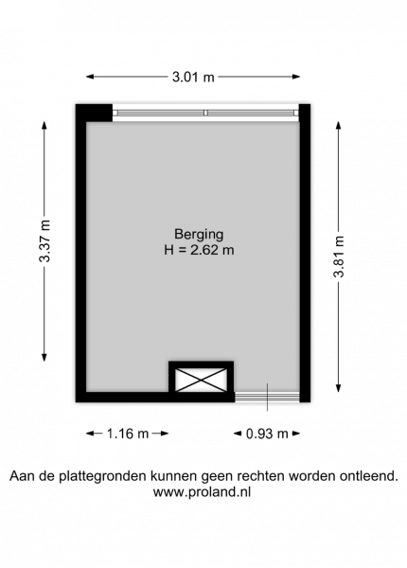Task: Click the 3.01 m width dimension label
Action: click(x=193, y=77)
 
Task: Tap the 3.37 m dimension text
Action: click(x=44, y=240)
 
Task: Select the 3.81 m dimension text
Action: click(x=339, y=257)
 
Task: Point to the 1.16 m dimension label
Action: click(x=128, y=434)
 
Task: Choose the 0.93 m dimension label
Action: click(x=267, y=434)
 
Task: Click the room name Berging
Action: click(x=199, y=235)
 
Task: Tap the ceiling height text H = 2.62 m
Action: click(x=199, y=250)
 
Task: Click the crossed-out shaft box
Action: click(x=202, y=380)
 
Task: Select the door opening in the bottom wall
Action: click(x=267, y=397)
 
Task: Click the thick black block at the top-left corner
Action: click(x=94, y=113)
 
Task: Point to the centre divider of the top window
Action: click(x=205, y=113)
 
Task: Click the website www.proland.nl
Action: click(x=202, y=492)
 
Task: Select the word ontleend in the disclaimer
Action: click(x=368, y=475)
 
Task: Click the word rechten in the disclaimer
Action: click(x=255, y=475)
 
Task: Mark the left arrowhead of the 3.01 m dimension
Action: click(x=90, y=77)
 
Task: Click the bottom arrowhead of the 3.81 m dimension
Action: click(x=339, y=388)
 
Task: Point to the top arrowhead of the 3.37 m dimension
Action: click(x=44, y=125)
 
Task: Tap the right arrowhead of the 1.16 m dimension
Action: click(x=165, y=434)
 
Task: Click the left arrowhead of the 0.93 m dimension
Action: click(x=238, y=434)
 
